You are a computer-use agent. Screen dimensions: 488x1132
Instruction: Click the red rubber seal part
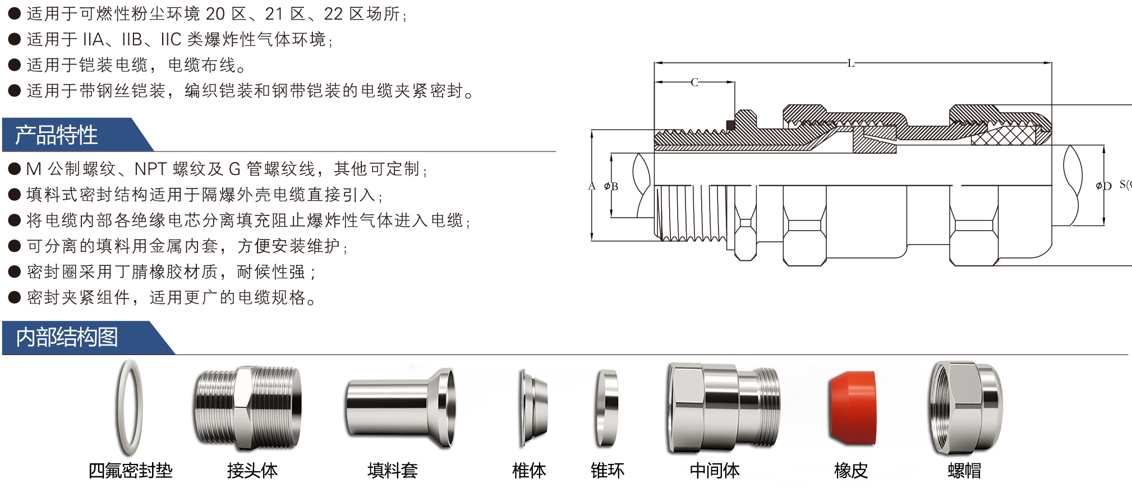(852, 408)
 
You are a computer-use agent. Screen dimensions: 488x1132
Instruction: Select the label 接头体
(252, 470)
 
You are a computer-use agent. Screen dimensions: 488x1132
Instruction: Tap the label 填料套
(393, 470)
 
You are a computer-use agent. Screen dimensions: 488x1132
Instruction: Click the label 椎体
(528, 470)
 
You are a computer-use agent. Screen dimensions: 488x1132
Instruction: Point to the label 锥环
(607, 470)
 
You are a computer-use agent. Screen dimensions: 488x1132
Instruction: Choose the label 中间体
(715, 470)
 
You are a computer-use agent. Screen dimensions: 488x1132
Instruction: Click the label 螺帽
(964, 470)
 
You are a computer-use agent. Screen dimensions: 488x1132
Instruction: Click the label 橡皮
(851, 470)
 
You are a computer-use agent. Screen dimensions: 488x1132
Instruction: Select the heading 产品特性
(56, 135)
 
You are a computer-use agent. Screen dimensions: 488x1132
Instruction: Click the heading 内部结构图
(67, 337)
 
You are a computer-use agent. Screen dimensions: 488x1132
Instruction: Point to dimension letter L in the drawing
(850, 63)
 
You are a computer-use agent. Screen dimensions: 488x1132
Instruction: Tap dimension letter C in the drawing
(694, 82)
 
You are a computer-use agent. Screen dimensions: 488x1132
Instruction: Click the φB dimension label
(611, 186)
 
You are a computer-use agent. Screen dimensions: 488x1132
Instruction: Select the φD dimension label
(1103, 186)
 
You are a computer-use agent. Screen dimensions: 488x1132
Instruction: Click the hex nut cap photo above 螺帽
(965, 408)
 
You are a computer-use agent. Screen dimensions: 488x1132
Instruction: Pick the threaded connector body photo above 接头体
(247, 408)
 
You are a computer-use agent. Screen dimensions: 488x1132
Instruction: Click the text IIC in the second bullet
(171, 39)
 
